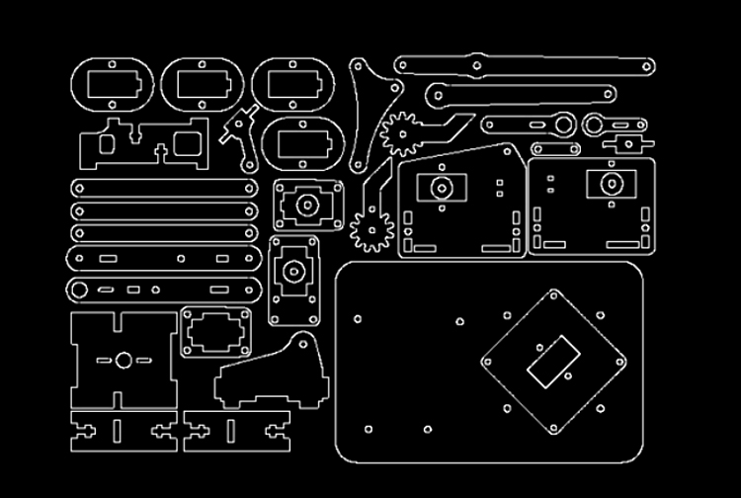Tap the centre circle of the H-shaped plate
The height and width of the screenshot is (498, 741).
coord(123,360)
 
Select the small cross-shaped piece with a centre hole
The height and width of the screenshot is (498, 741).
coord(625,144)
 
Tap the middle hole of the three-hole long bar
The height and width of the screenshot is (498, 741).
coord(477,65)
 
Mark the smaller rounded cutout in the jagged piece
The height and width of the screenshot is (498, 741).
coord(108,144)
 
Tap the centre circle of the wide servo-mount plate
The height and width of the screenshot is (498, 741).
coord(307,205)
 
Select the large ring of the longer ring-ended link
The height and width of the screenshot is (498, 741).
coord(565,124)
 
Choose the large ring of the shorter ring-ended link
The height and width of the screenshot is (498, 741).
coord(593,125)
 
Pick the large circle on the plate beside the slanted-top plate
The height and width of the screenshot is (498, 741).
coord(606,184)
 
